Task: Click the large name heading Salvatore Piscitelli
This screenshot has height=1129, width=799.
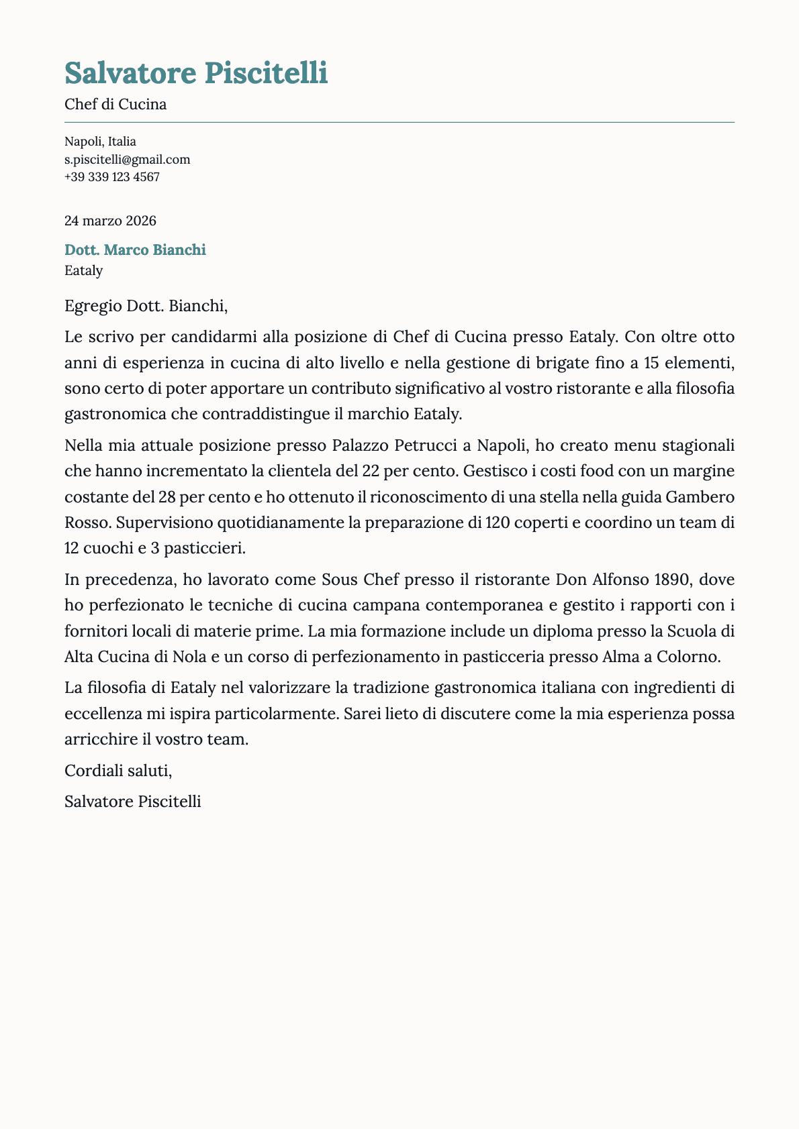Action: tap(196, 73)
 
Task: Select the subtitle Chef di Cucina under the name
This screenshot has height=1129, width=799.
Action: tap(115, 105)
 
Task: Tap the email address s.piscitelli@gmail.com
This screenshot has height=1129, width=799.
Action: tap(127, 160)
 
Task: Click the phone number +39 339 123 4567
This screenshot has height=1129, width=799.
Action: tap(111, 177)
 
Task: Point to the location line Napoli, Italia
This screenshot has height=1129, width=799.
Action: tap(100, 142)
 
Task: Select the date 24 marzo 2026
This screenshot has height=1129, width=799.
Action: tap(110, 221)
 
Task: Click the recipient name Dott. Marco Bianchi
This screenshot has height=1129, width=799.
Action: tap(135, 250)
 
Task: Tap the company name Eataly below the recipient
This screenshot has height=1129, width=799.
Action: tap(84, 271)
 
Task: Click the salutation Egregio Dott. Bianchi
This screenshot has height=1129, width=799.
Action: tap(146, 307)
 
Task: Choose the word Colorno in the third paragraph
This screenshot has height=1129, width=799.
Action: tap(692, 657)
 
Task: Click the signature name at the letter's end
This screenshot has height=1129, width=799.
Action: tap(132, 802)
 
